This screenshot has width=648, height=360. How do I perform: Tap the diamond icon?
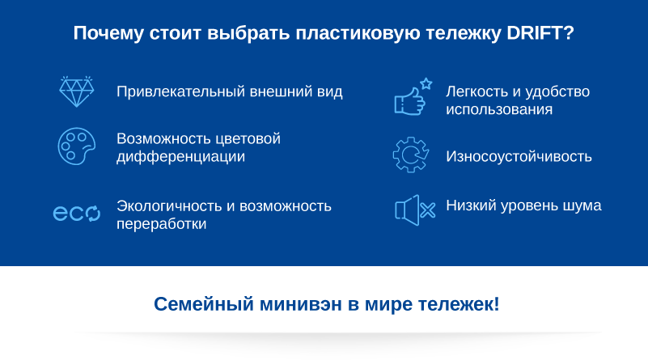77,91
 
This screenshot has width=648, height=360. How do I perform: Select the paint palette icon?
77,146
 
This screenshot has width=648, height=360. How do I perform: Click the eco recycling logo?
77,213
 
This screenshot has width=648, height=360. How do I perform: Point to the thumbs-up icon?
410,101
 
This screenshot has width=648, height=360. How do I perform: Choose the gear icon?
411,155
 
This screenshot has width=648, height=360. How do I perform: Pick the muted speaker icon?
415,210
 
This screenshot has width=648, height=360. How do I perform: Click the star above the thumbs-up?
426,84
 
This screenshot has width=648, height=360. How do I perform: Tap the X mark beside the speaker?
428,210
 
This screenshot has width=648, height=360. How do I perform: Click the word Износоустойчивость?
519,157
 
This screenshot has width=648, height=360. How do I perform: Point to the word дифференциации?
180,157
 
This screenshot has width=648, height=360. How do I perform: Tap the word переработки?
162,224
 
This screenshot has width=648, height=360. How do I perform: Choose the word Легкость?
477,91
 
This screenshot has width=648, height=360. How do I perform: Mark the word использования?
499,109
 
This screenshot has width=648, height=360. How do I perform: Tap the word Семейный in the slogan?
204,304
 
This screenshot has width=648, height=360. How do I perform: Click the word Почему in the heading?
108,33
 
